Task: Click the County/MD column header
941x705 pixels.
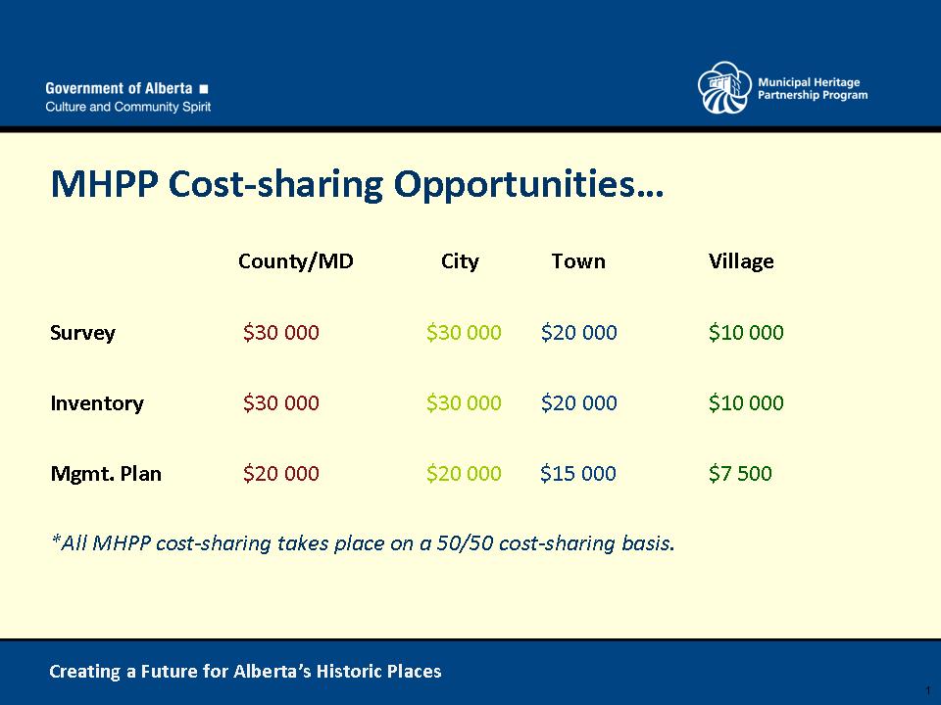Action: (296, 262)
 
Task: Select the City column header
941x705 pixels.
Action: (460, 262)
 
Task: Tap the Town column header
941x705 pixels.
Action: (578, 261)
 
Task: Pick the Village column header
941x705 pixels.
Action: (741, 262)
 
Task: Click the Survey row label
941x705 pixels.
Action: (82, 333)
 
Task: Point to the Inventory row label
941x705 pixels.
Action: (97, 402)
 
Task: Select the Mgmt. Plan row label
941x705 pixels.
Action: (106, 474)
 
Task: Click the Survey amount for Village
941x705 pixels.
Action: (746, 332)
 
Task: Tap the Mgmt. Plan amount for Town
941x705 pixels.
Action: (578, 473)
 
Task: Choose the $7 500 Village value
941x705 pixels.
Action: (740, 473)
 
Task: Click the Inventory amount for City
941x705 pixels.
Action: (464, 402)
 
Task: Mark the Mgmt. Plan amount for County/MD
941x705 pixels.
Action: (281, 473)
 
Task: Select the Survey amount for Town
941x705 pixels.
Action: (578, 332)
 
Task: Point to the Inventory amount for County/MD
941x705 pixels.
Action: (281, 402)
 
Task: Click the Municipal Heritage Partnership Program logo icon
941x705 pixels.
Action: (724, 87)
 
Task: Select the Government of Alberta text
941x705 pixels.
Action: (119, 89)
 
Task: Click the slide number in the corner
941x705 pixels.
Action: (928, 690)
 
